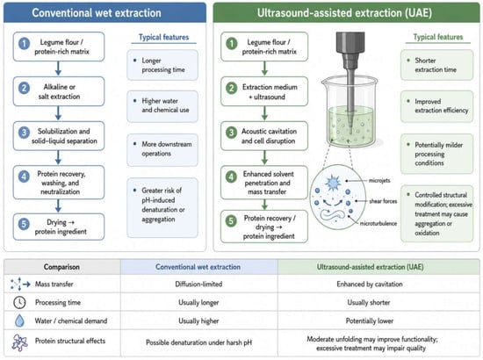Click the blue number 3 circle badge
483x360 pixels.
(x=24, y=133)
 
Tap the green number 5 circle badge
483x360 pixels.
(x=231, y=221)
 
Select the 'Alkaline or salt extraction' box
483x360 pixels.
(x=59, y=91)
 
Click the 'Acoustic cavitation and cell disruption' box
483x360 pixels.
(x=264, y=136)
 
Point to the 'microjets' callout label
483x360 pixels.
(x=379, y=181)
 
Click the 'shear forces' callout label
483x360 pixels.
(x=383, y=201)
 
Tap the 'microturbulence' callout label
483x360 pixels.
(x=378, y=223)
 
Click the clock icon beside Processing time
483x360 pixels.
(x=19, y=302)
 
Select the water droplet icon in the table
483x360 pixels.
(x=19, y=320)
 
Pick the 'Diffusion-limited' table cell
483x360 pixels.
(x=198, y=284)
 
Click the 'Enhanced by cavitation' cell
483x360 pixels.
(x=370, y=284)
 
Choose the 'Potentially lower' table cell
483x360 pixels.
(x=370, y=320)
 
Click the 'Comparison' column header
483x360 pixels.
(x=61, y=267)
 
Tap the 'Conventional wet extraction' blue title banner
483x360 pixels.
(x=105, y=12)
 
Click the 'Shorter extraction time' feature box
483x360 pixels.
(x=436, y=65)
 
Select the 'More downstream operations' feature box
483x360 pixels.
(x=162, y=149)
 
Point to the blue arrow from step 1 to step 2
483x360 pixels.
(x=58, y=68)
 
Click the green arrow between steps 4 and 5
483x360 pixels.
(x=264, y=205)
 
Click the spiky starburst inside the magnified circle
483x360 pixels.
(x=333, y=183)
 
